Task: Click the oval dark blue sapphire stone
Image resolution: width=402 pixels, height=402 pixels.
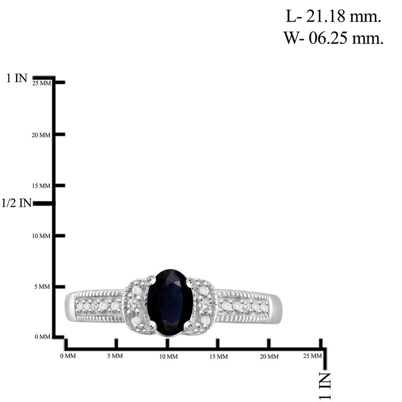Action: [x=170, y=302]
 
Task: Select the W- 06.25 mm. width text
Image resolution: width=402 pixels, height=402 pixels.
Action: [x=333, y=38]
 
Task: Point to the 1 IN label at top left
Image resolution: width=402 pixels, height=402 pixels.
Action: [x=16, y=78]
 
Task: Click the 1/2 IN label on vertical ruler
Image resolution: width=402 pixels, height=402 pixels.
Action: [x=16, y=203]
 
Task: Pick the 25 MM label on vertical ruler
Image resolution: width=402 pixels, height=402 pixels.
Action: [x=42, y=83]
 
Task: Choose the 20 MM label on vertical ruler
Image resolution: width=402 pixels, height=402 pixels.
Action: [x=41, y=135]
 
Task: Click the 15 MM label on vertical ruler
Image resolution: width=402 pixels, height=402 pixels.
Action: [x=41, y=186]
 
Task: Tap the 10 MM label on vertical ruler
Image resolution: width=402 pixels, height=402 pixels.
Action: [x=41, y=236]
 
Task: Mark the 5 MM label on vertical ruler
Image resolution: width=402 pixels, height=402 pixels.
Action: [x=42, y=286]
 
